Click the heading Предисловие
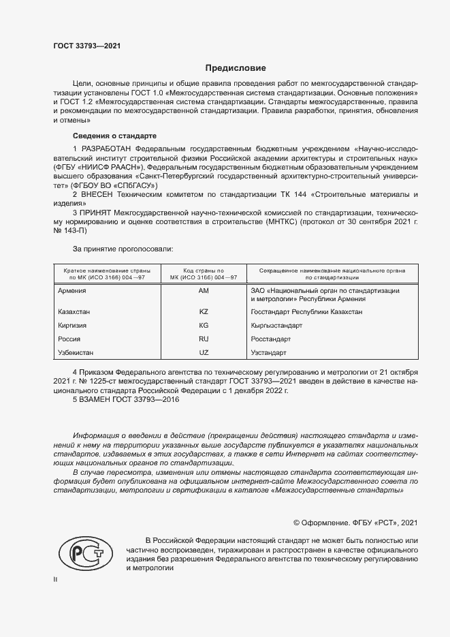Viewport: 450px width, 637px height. (x=236, y=68)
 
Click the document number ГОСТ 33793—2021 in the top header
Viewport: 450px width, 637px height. (x=88, y=46)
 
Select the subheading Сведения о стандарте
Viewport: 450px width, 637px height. (x=114, y=136)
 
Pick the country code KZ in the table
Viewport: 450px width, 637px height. (x=203, y=311)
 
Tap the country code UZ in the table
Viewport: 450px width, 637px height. (x=203, y=353)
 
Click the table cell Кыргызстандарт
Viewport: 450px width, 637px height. (x=276, y=326)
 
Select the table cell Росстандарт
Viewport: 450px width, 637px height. (x=271, y=339)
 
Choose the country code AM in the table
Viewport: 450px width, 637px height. (x=203, y=290)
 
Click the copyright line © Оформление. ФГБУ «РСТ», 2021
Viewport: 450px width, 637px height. (x=355, y=523)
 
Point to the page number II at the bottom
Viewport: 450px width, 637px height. (x=56, y=579)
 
